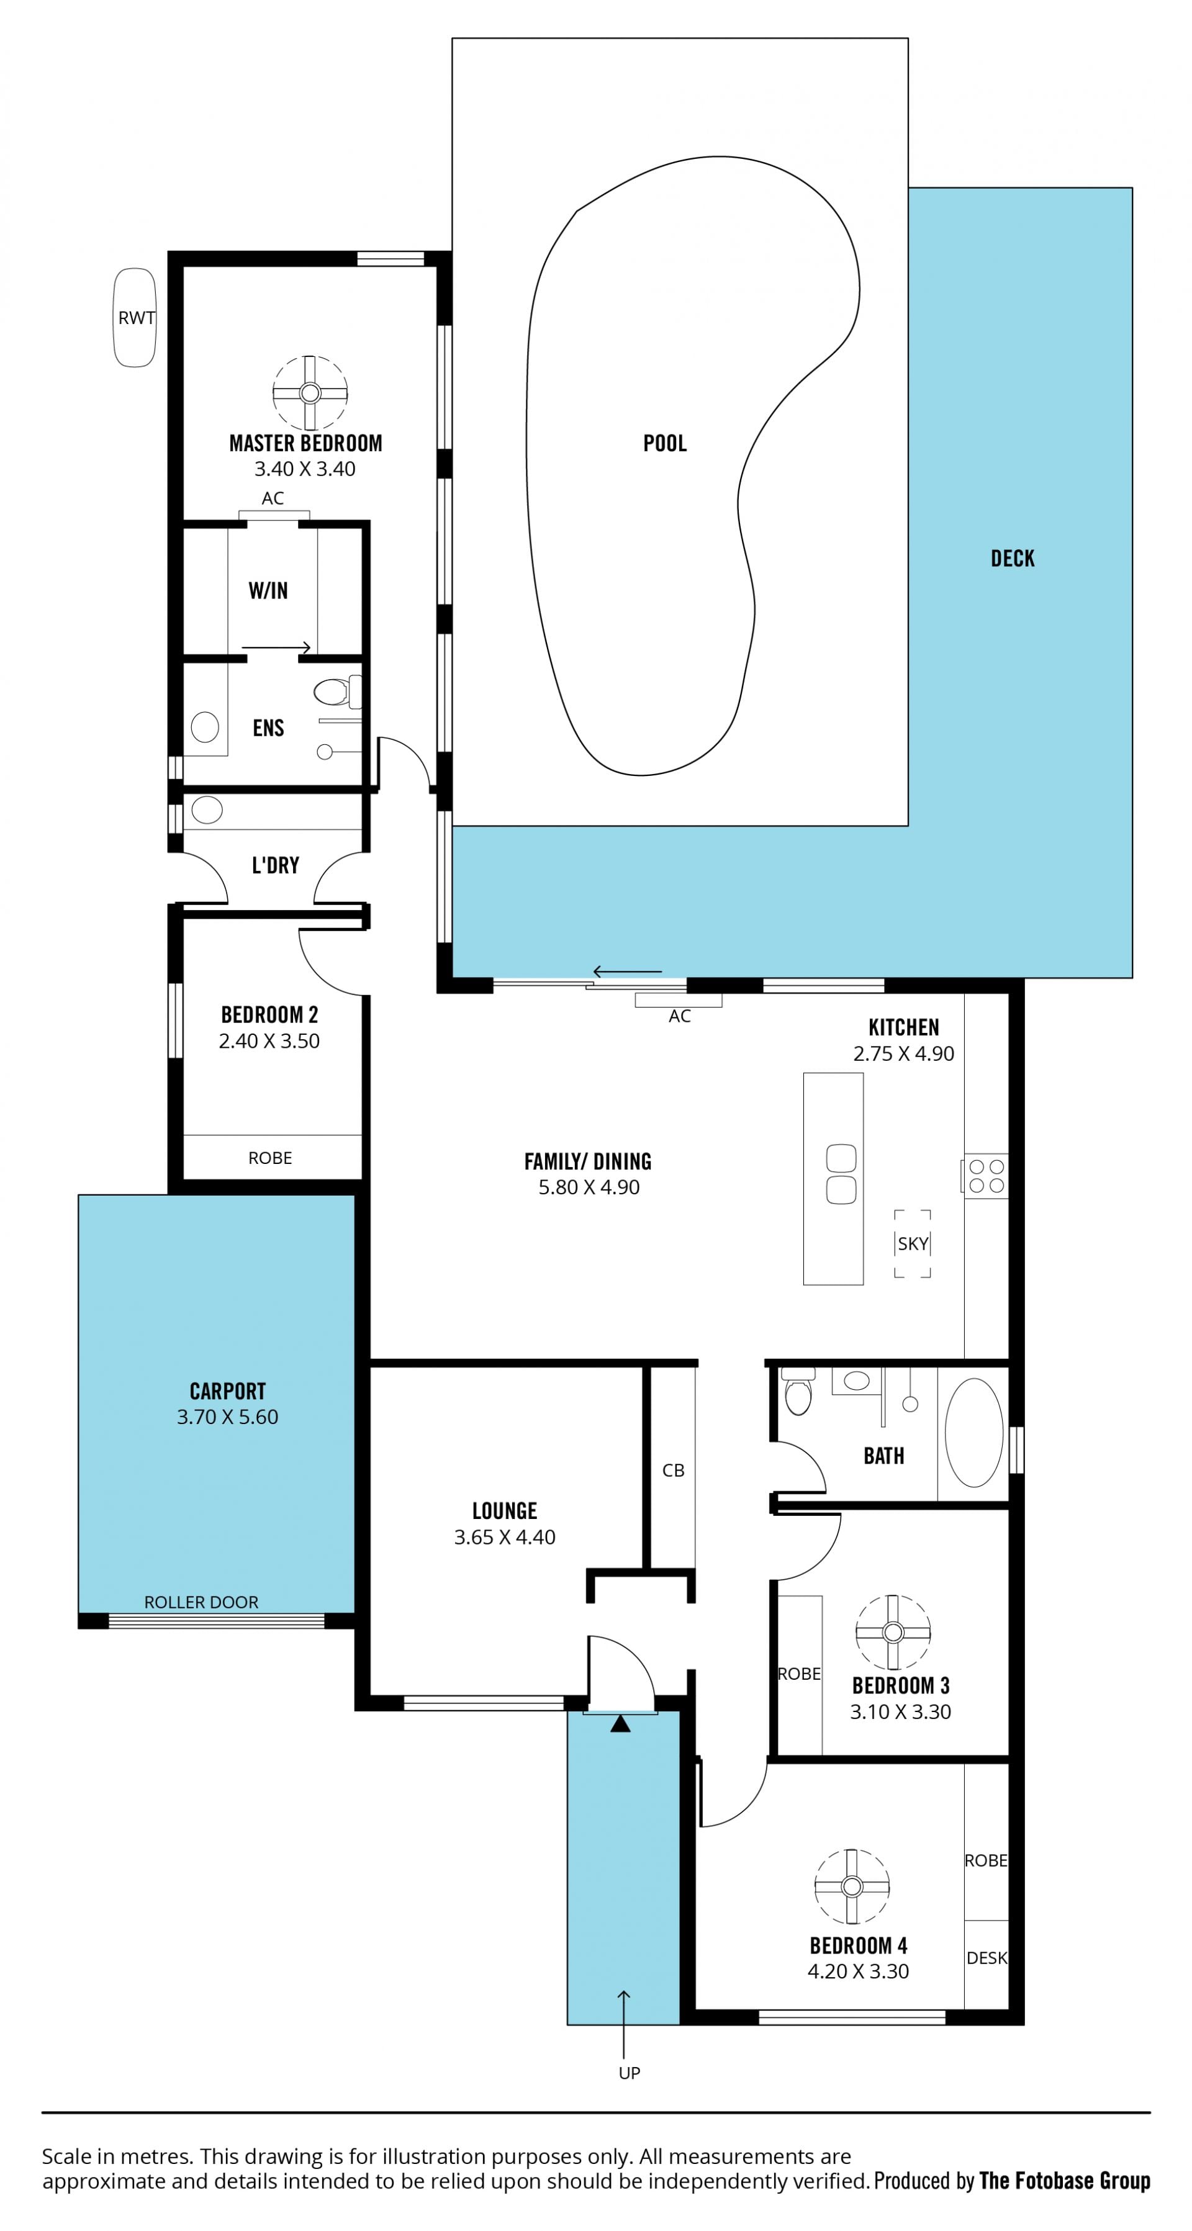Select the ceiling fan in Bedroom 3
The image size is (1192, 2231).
[893, 1632]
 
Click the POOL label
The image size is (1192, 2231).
[664, 443]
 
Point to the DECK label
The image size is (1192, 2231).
[1012, 559]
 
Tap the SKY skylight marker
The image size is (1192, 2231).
[912, 1243]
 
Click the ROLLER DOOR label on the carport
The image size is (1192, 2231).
[201, 1602]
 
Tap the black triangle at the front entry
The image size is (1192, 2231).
[620, 1723]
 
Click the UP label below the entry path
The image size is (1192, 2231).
[629, 2073]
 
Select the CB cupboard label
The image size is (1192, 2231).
[673, 1470]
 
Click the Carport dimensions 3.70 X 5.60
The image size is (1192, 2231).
[228, 1417]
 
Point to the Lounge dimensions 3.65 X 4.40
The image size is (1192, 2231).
[505, 1536]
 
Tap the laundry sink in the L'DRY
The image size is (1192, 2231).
[207, 811]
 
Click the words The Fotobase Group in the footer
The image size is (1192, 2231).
[1065, 2180]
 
